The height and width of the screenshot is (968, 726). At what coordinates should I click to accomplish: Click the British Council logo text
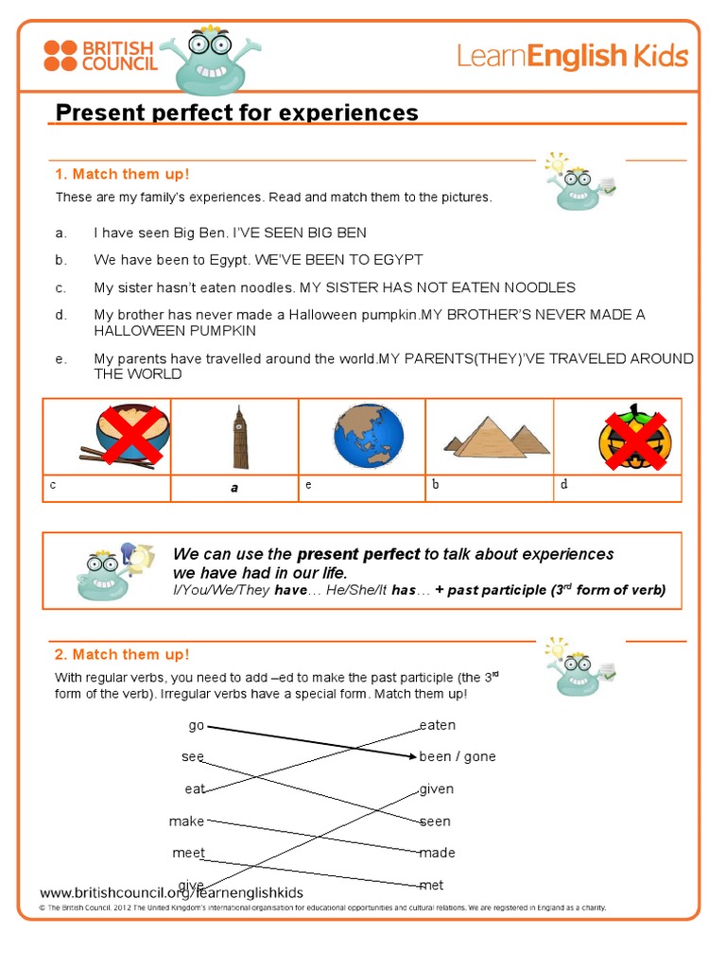117,55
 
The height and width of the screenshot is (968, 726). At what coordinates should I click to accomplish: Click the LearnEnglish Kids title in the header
572,56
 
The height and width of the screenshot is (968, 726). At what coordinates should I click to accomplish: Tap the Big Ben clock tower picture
240,437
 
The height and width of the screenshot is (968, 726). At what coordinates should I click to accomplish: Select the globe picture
368,436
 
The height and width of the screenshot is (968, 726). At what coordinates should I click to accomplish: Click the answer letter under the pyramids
436,485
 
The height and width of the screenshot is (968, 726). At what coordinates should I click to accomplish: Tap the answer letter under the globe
308,485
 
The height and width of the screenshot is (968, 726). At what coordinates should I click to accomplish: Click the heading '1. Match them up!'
122,174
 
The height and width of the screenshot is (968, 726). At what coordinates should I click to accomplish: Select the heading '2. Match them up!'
122,654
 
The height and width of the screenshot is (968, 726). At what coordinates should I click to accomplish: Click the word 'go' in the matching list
196,725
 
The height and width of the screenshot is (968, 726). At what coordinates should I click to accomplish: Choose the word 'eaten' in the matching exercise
438,725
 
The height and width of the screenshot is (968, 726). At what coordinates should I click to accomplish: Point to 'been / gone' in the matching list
458,756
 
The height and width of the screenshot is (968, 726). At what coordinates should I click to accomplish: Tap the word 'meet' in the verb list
188,853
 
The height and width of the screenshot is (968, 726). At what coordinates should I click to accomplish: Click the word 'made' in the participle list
438,853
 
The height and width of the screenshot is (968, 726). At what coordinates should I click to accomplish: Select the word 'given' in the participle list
437,788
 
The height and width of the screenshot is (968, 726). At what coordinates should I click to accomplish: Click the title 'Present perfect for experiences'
236,113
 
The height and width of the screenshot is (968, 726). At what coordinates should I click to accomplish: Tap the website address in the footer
171,892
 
